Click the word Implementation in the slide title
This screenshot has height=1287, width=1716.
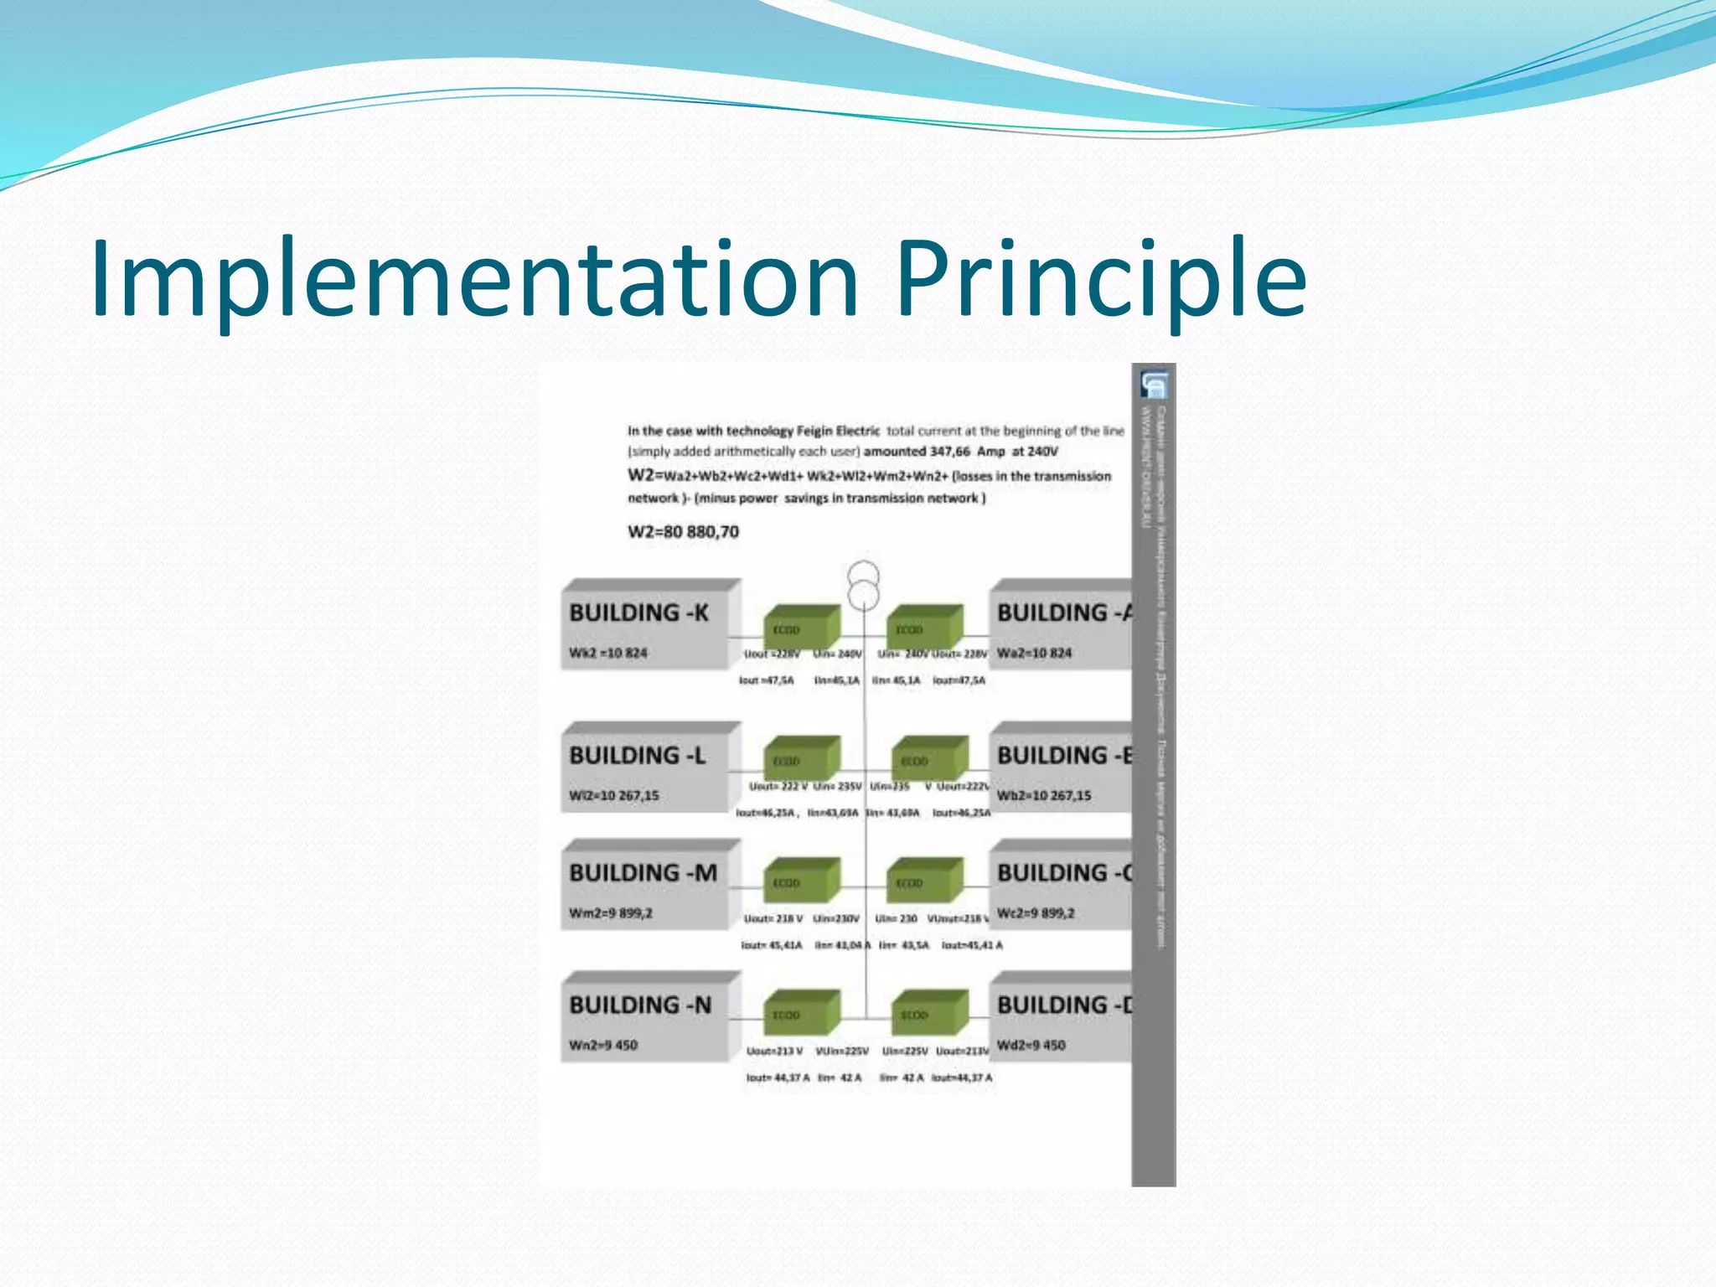(474, 278)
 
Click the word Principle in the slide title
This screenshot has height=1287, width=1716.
(1101, 278)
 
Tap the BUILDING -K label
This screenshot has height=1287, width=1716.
(638, 612)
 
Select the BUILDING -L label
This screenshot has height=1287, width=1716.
(637, 755)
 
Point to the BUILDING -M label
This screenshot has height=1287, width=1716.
(643, 872)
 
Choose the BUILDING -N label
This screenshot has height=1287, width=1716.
(640, 1005)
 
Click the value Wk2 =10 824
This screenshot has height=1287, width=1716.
(607, 653)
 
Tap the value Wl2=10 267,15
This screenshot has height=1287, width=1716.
(613, 795)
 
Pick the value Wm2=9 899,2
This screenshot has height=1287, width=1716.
(610, 912)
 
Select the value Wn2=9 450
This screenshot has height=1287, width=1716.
(602, 1045)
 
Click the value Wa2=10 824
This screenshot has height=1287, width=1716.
(1034, 653)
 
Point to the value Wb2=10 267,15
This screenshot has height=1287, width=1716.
(1044, 795)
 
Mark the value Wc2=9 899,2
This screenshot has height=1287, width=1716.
(1036, 912)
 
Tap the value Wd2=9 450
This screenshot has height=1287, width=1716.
(1031, 1045)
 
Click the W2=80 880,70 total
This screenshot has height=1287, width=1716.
(683, 532)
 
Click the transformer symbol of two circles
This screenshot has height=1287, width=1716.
(863, 586)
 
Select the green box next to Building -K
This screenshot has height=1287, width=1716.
(801, 627)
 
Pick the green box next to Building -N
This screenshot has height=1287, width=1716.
(801, 1012)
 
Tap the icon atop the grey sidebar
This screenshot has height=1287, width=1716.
(1153, 385)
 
